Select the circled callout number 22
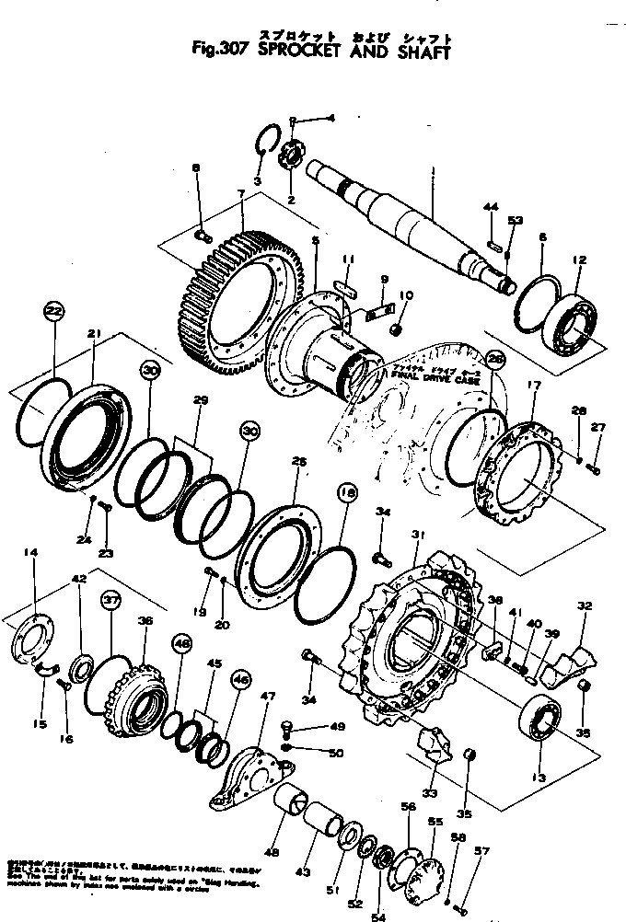click(x=54, y=312)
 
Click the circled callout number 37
click(x=110, y=600)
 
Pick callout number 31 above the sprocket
click(x=416, y=536)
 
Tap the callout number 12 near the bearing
click(x=578, y=261)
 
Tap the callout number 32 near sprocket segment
click(x=584, y=606)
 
